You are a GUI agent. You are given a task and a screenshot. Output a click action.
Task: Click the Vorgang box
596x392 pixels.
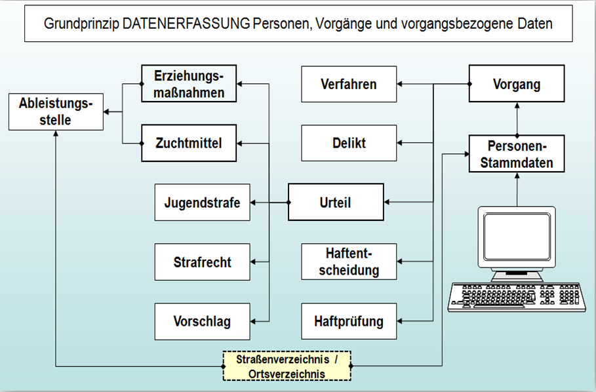tap(517, 84)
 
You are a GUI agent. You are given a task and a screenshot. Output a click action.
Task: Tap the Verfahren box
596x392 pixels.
tap(349, 84)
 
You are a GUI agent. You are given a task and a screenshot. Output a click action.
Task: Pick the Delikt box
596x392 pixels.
tap(349, 143)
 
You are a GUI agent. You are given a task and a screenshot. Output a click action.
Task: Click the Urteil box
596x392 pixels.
tap(336, 203)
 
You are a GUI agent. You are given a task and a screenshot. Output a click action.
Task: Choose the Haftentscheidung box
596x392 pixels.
tap(349, 262)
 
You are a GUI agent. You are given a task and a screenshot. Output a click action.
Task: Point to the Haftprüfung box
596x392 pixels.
tap(349, 321)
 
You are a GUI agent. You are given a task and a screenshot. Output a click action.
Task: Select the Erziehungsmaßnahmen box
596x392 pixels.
tap(189, 84)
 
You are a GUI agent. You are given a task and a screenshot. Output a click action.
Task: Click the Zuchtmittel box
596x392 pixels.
tap(189, 142)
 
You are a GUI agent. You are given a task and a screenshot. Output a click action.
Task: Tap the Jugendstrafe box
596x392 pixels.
tap(202, 203)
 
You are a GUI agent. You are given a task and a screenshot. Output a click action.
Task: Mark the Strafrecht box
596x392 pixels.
tap(202, 262)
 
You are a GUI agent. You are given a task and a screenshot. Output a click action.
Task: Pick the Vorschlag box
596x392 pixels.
tap(202, 321)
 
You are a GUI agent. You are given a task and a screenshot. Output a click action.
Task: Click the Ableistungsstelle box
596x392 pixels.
tap(56, 111)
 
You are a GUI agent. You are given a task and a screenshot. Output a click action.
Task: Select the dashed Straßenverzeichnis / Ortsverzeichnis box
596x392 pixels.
tap(287, 366)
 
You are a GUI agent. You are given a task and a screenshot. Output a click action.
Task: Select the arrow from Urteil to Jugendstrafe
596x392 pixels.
tap(269, 203)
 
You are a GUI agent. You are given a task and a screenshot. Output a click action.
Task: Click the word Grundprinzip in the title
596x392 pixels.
tap(81, 24)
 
